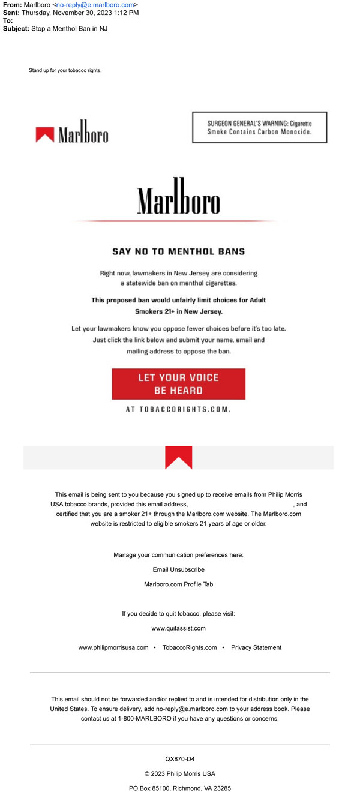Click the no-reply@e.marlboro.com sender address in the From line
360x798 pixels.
(95, 5)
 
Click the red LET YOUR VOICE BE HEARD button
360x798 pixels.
(178, 384)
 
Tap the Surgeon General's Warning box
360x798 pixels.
(259, 127)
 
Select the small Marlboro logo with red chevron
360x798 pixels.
(72, 134)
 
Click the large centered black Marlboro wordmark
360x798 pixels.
(178, 197)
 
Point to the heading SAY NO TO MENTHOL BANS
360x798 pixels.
(178, 251)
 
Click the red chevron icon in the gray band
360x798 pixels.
(178, 457)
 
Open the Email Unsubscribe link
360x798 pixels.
(178, 569)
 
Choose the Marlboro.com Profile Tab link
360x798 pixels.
(178, 584)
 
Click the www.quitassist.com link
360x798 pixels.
(178, 628)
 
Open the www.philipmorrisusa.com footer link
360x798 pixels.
(113, 647)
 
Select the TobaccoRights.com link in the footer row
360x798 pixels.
(190, 647)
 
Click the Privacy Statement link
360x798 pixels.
(256, 647)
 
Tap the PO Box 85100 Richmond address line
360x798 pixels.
(179, 788)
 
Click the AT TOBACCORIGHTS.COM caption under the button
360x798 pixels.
(178, 409)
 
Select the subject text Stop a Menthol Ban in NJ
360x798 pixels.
(70, 28)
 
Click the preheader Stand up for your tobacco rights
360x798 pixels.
(65, 70)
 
